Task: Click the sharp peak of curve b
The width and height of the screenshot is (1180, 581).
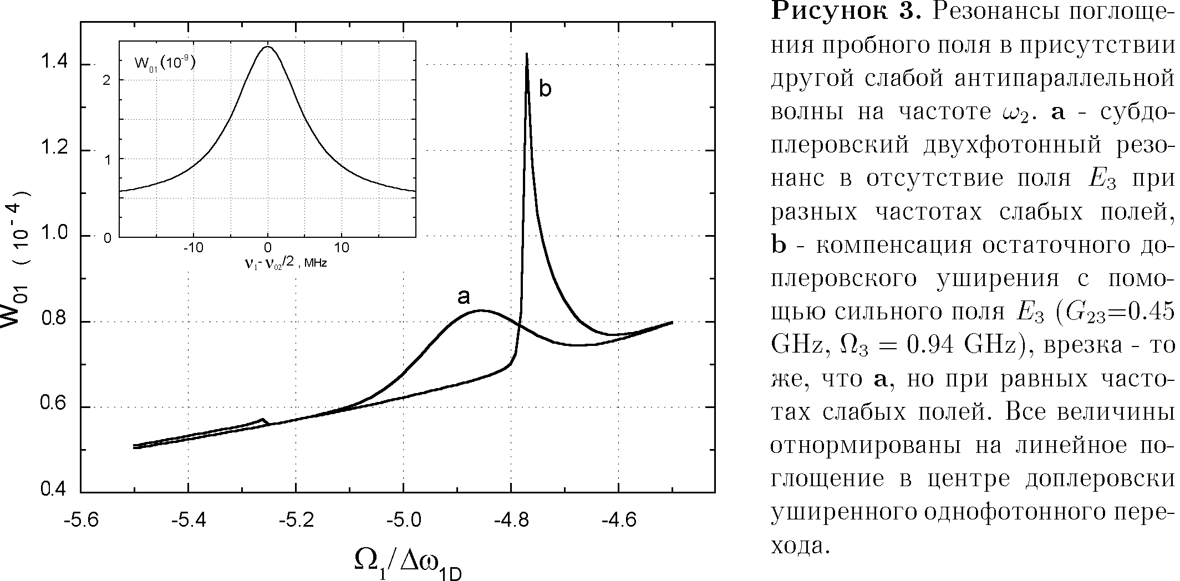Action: [526, 54]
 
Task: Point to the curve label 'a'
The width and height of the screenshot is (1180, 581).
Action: [464, 297]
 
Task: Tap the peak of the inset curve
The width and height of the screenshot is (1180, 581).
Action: [267, 47]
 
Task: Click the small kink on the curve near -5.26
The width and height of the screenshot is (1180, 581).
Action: [263, 420]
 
